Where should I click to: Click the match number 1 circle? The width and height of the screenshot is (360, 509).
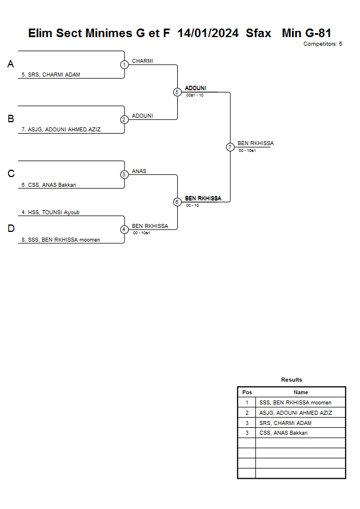tap(124, 65)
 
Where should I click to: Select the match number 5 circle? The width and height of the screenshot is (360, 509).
tap(177, 92)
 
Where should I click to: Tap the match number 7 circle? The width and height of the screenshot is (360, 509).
tap(230, 147)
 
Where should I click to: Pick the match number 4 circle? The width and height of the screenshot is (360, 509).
tap(124, 230)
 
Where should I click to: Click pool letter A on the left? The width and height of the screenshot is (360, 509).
tap(10, 65)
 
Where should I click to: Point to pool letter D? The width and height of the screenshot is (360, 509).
tap(10, 229)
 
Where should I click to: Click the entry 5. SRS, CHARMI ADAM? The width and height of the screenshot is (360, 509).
tap(51, 75)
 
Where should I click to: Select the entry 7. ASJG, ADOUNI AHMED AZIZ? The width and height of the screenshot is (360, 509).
tap(61, 130)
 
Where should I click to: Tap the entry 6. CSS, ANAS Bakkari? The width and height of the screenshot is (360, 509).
tap(53, 185)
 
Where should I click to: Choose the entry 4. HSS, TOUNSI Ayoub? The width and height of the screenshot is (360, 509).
tap(50, 212)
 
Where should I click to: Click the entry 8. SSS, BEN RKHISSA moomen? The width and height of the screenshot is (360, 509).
tap(61, 240)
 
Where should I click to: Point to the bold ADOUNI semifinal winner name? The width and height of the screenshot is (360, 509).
tap(195, 88)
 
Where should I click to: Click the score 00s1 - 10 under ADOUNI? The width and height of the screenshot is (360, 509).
tap(195, 95)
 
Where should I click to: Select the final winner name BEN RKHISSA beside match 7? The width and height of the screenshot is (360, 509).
tap(255, 143)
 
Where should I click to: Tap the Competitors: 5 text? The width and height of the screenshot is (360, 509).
tap(322, 44)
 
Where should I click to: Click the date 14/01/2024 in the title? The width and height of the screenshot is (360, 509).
tap(208, 34)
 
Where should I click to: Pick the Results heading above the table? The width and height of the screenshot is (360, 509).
tap(291, 380)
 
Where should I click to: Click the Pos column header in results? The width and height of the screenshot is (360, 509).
tap(247, 392)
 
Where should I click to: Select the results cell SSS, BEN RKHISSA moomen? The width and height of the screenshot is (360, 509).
tap(295, 403)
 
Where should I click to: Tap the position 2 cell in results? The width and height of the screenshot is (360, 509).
tap(247, 412)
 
